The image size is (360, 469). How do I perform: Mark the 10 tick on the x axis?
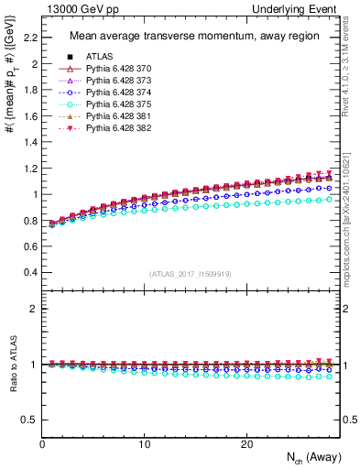tap(144, 444)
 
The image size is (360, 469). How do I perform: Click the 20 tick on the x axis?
tap(246, 444)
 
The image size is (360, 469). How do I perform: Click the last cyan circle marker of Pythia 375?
tap(330, 199)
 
